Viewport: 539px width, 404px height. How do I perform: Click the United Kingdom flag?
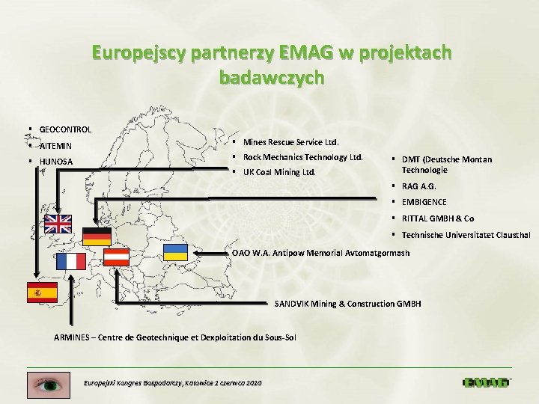pyautogui.click(x=58, y=223)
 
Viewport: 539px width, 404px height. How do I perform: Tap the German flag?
pyautogui.click(x=97, y=236)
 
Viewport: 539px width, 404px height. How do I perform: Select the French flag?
pyautogui.click(x=72, y=261)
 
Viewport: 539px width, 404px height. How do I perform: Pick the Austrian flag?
pyautogui.click(x=116, y=257)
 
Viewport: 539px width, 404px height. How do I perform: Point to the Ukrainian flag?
pyautogui.click(x=175, y=252)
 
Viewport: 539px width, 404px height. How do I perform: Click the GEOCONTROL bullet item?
pyautogui.click(x=65, y=129)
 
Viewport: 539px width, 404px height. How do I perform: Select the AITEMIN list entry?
pyautogui.click(x=55, y=146)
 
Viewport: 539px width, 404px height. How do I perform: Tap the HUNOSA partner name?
pyautogui.click(x=56, y=162)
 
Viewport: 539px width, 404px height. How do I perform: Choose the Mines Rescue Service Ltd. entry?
pyautogui.click(x=290, y=142)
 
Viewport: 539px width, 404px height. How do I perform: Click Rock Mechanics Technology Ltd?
pyautogui.click(x=302, y=157)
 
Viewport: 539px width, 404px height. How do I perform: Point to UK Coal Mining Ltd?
pyautogui.click(x=279, y=172)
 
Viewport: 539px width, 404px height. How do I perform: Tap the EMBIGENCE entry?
pyautogui.click(x=424, y=202)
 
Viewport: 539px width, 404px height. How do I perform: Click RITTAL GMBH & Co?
pyautogui.click(x=437, y=218)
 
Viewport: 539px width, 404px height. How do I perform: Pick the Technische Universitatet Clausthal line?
pyautogui.click(x=466, y=235)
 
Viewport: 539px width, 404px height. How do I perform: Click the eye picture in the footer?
pyautogui.click(x=48, y=385)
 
